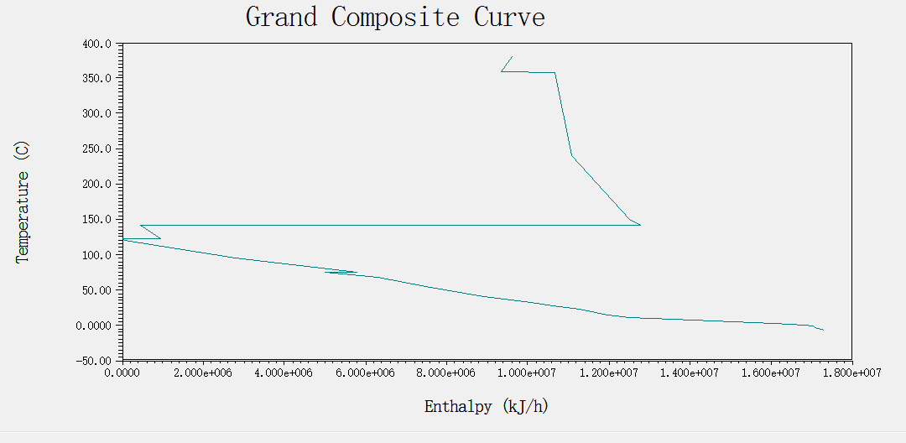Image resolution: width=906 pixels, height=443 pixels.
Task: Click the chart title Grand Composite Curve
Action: (x=395, y=17)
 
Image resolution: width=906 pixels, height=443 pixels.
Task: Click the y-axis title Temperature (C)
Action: (x=23, y=202)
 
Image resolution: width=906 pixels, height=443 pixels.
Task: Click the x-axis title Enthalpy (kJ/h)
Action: (x=487, y=407)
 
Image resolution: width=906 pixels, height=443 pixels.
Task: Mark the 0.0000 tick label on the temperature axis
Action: (x=94, y=326)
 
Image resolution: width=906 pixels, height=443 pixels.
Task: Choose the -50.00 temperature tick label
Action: (x=94, y=361)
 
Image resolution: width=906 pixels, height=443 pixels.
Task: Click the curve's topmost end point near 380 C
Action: (x=512, y=57)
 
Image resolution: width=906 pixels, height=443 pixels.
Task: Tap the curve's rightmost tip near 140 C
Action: (x=640, y=225)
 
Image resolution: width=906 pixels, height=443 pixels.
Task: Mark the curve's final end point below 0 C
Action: (x=824, y=331)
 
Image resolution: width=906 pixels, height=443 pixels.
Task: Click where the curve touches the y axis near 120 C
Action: (x=123, y=239)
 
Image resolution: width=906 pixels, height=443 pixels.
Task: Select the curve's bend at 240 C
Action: (x=571, y=155)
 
